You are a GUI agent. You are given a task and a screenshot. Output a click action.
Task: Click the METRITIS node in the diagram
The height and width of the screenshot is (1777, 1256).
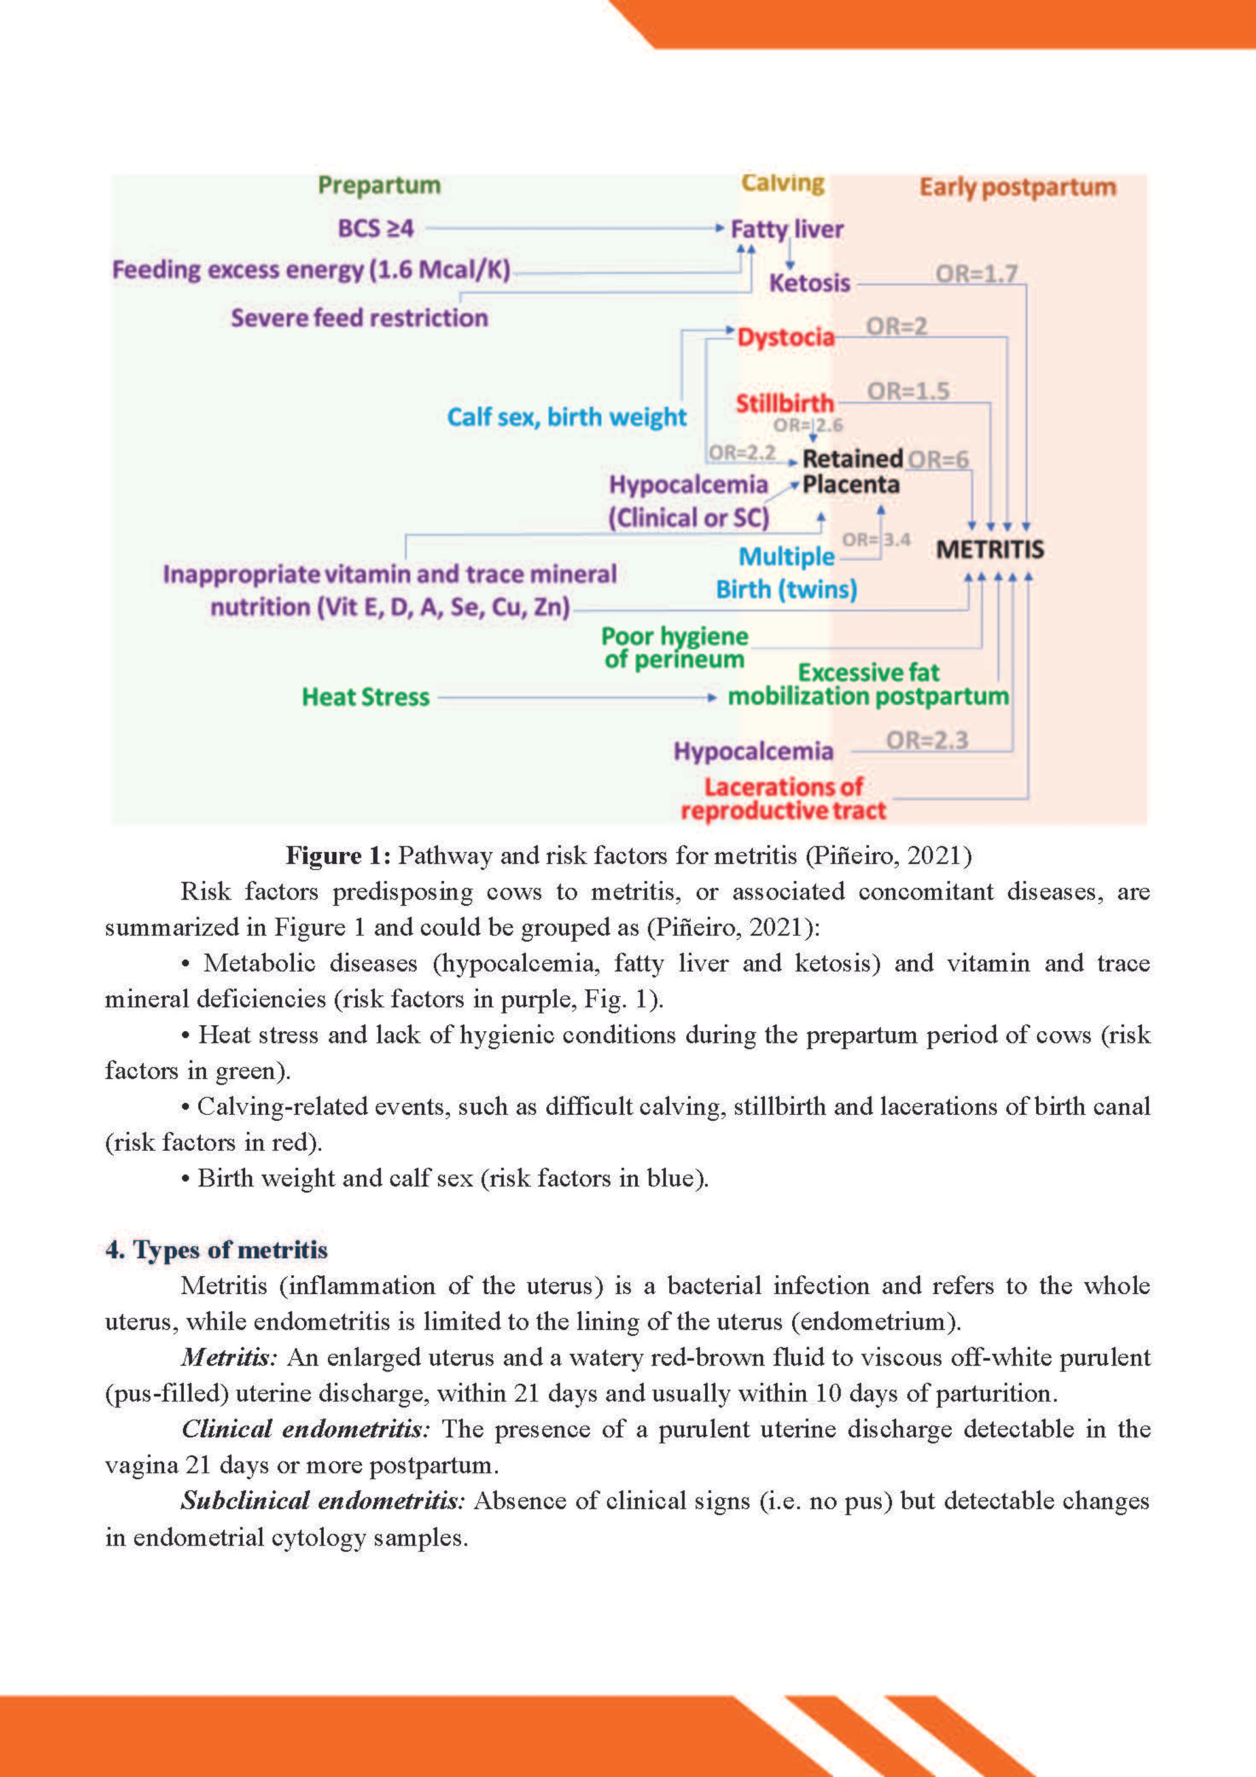click(x=990, y=550)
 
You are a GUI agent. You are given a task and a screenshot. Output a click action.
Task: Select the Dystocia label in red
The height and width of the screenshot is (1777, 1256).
click(x=786, y=338)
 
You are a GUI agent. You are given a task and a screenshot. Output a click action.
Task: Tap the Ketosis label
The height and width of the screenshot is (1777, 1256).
click(x=809, y=283)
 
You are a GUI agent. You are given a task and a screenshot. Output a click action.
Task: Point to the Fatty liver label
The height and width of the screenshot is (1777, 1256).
click(x=786, y=229)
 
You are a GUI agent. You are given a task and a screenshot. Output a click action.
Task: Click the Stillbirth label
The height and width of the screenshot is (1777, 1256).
click(x=785, y=403)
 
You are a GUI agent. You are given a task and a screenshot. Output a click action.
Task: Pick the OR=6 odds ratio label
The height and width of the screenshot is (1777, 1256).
click(x=938, y=460)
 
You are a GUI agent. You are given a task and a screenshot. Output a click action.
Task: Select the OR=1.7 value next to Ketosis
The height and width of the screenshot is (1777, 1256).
click(x=976, y=273)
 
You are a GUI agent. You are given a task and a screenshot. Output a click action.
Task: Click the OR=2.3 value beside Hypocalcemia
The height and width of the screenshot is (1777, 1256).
click(x=926, y=741)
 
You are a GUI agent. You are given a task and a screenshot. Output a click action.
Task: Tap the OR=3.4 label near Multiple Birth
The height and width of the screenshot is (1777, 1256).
click(x=876, y=539)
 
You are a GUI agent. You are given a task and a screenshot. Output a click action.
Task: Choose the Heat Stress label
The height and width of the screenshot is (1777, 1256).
click(x=365, y=697)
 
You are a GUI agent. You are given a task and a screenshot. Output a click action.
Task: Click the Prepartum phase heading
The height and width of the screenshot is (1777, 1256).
click(x=379, y=186)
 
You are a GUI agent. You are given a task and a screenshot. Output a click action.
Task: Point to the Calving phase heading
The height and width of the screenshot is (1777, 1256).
click(x=782, y=183)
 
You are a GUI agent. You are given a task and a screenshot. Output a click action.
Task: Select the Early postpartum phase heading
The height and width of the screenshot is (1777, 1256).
click(x=1017, y=187)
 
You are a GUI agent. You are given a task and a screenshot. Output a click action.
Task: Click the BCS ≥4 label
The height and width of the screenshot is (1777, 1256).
click(x=375, y=228)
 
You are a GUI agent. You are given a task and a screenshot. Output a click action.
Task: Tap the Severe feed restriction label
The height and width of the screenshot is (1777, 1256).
click(x=359, y=318)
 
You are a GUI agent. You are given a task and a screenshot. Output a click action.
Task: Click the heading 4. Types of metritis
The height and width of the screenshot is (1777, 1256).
click(x=217, y=1249)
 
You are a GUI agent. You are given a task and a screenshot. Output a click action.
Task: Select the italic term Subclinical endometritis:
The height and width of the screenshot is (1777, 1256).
click(x=323, y=1500)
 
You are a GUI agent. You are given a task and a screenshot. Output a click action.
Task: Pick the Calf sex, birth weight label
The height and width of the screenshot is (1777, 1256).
click(x=567, y=417)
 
